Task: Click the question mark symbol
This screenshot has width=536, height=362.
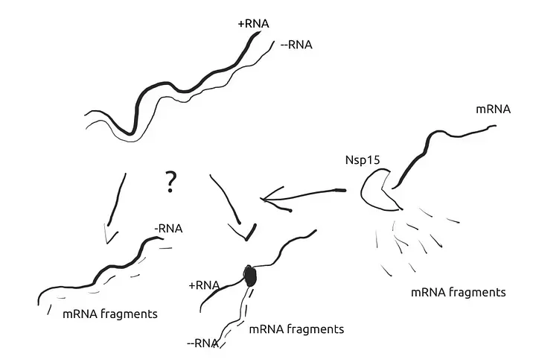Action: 170,181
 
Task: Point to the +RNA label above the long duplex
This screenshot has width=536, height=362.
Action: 253,24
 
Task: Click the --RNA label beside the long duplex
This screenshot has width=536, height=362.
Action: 297,45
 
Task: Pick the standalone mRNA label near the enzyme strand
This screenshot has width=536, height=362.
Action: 493,110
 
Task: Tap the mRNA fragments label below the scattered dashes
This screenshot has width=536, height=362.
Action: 458,292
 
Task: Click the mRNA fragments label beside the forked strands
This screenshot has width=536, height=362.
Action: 296,328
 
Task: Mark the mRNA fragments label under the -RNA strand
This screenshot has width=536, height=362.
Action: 110,314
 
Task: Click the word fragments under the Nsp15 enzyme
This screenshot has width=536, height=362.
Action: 479,292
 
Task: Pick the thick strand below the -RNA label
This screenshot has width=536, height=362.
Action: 97,280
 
